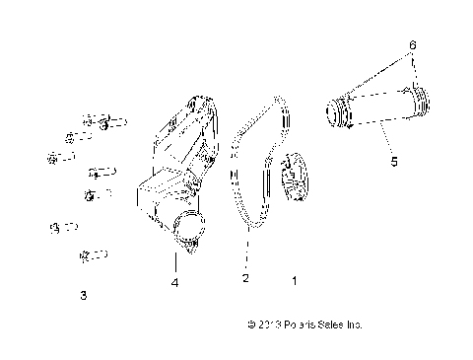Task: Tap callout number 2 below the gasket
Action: tap(245, 279)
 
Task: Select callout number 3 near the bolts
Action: tap(83, 294)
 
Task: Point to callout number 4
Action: tap(174, 283)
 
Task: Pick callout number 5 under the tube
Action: tap(394, 161)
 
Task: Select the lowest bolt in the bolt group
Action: tap(92, 256)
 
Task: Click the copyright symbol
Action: tap(252, 324)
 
